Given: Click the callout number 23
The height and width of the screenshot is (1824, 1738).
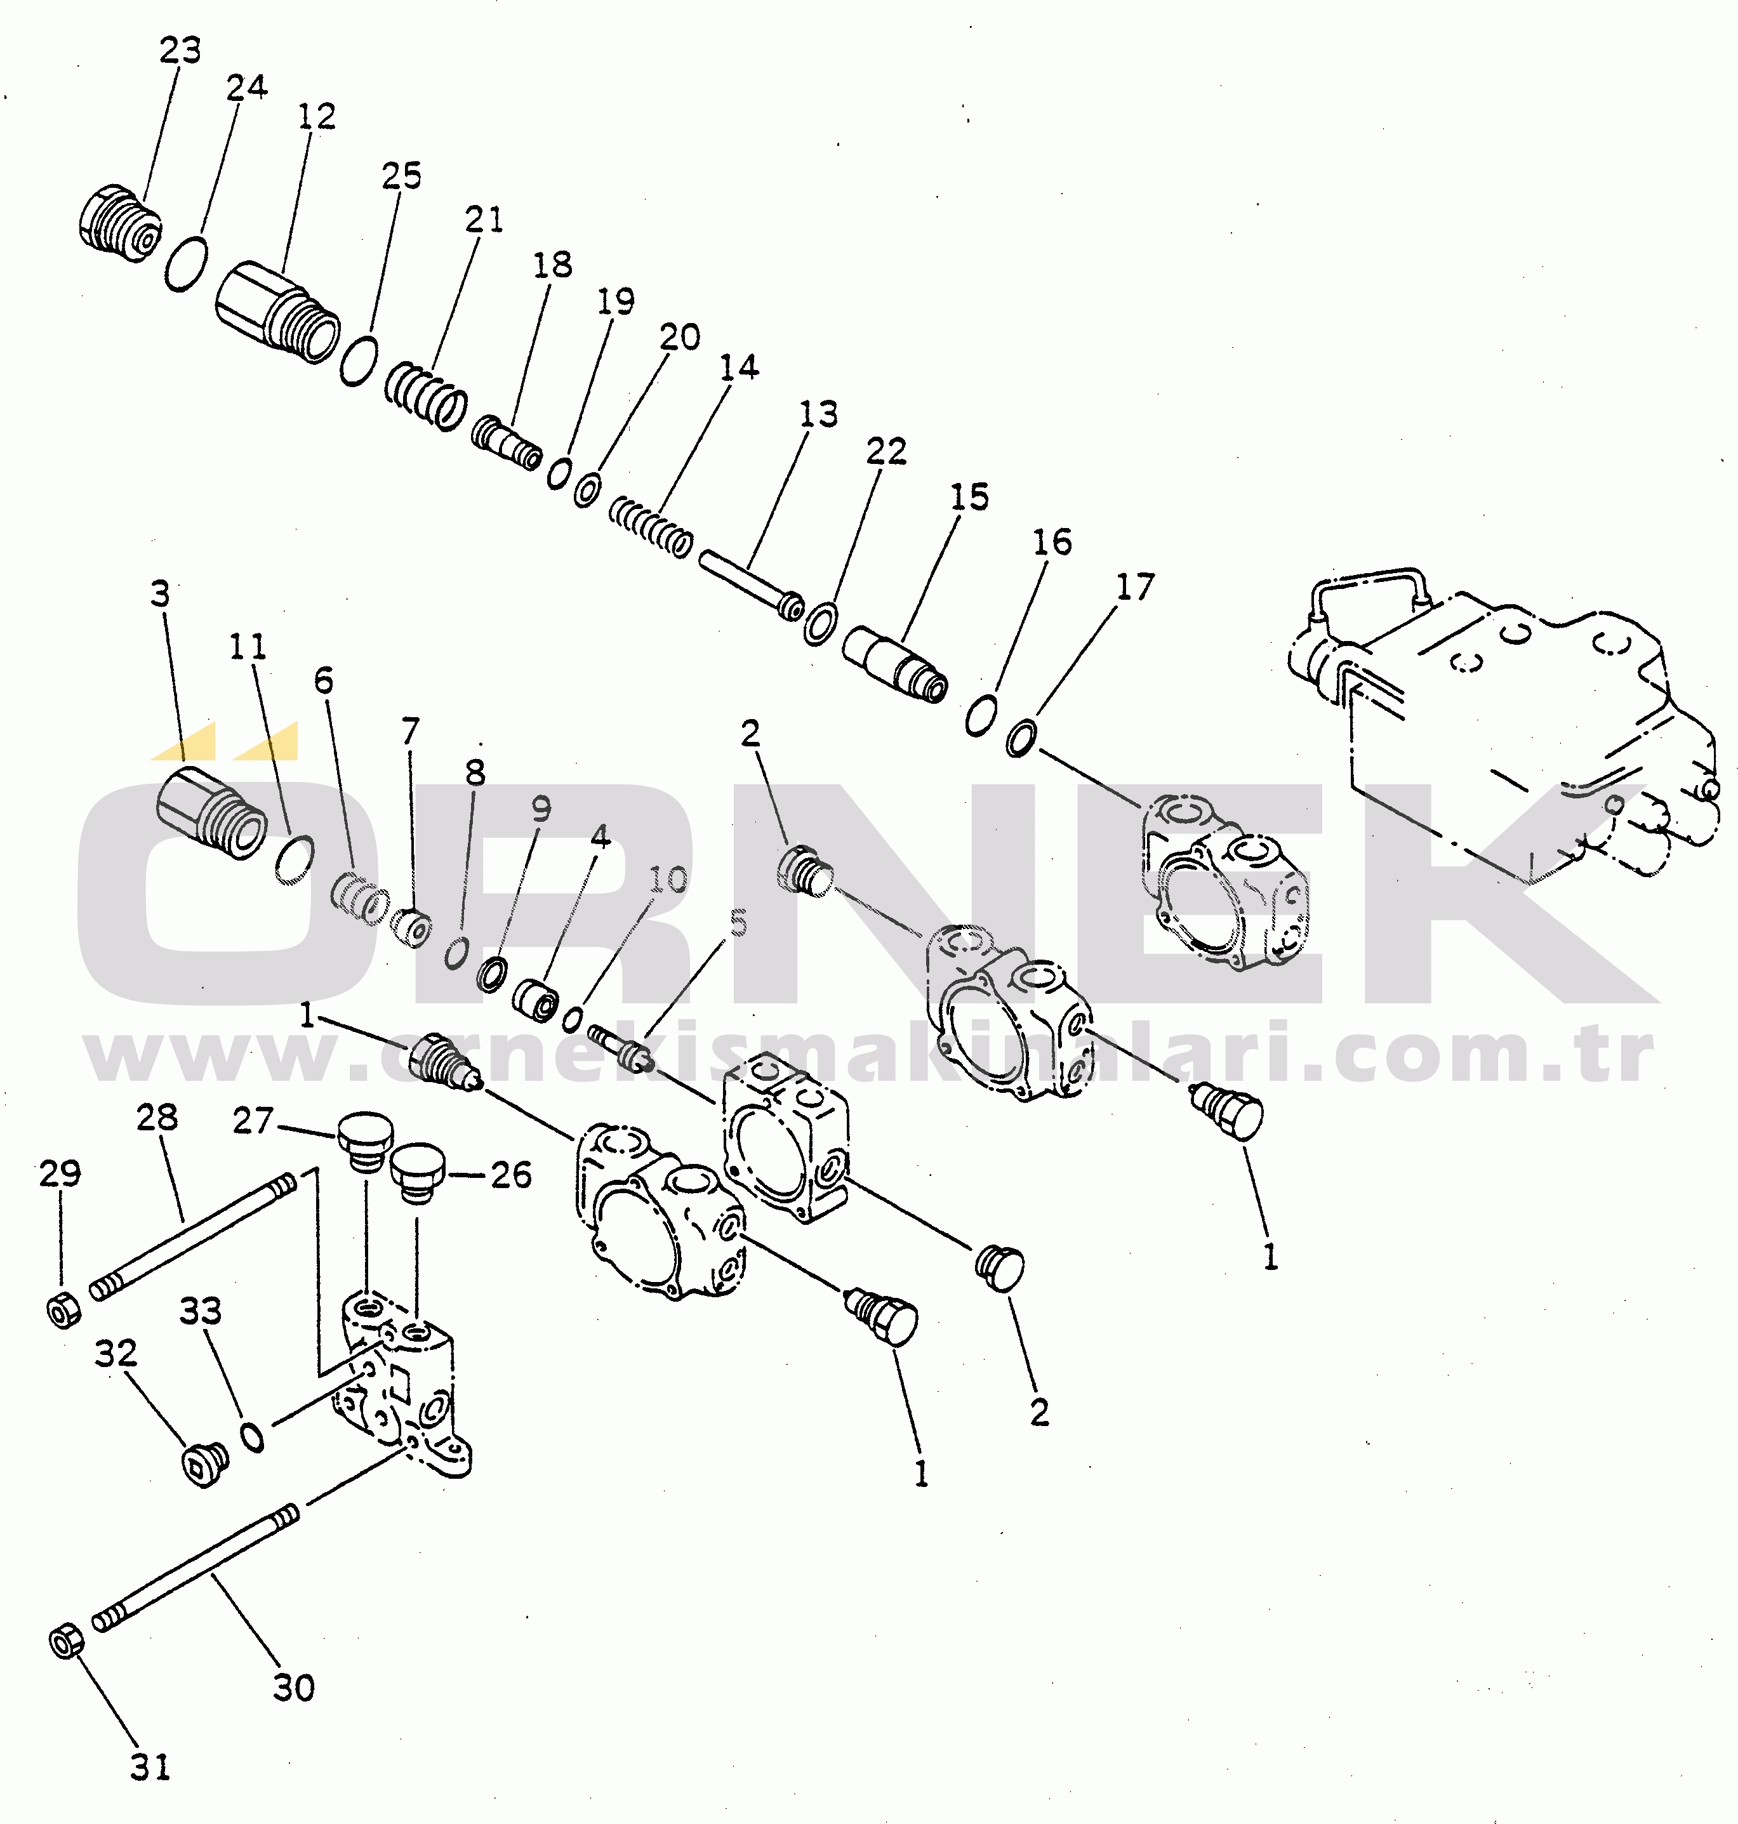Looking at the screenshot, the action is click(x=180, y=51).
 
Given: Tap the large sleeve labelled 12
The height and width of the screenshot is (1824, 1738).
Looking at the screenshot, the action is click(x=278, y=311).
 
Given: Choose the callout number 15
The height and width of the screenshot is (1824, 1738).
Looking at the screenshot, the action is click(x=969, y=498).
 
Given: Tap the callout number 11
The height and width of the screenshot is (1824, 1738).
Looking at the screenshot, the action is click(x=248, y=647).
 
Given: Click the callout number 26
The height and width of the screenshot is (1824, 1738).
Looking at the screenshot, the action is click(x=510, y=1175).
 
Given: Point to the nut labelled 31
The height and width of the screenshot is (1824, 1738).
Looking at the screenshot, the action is click(x=67, y=1642).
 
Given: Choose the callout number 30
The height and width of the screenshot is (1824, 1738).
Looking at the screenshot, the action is click(x=294, y=1688).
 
